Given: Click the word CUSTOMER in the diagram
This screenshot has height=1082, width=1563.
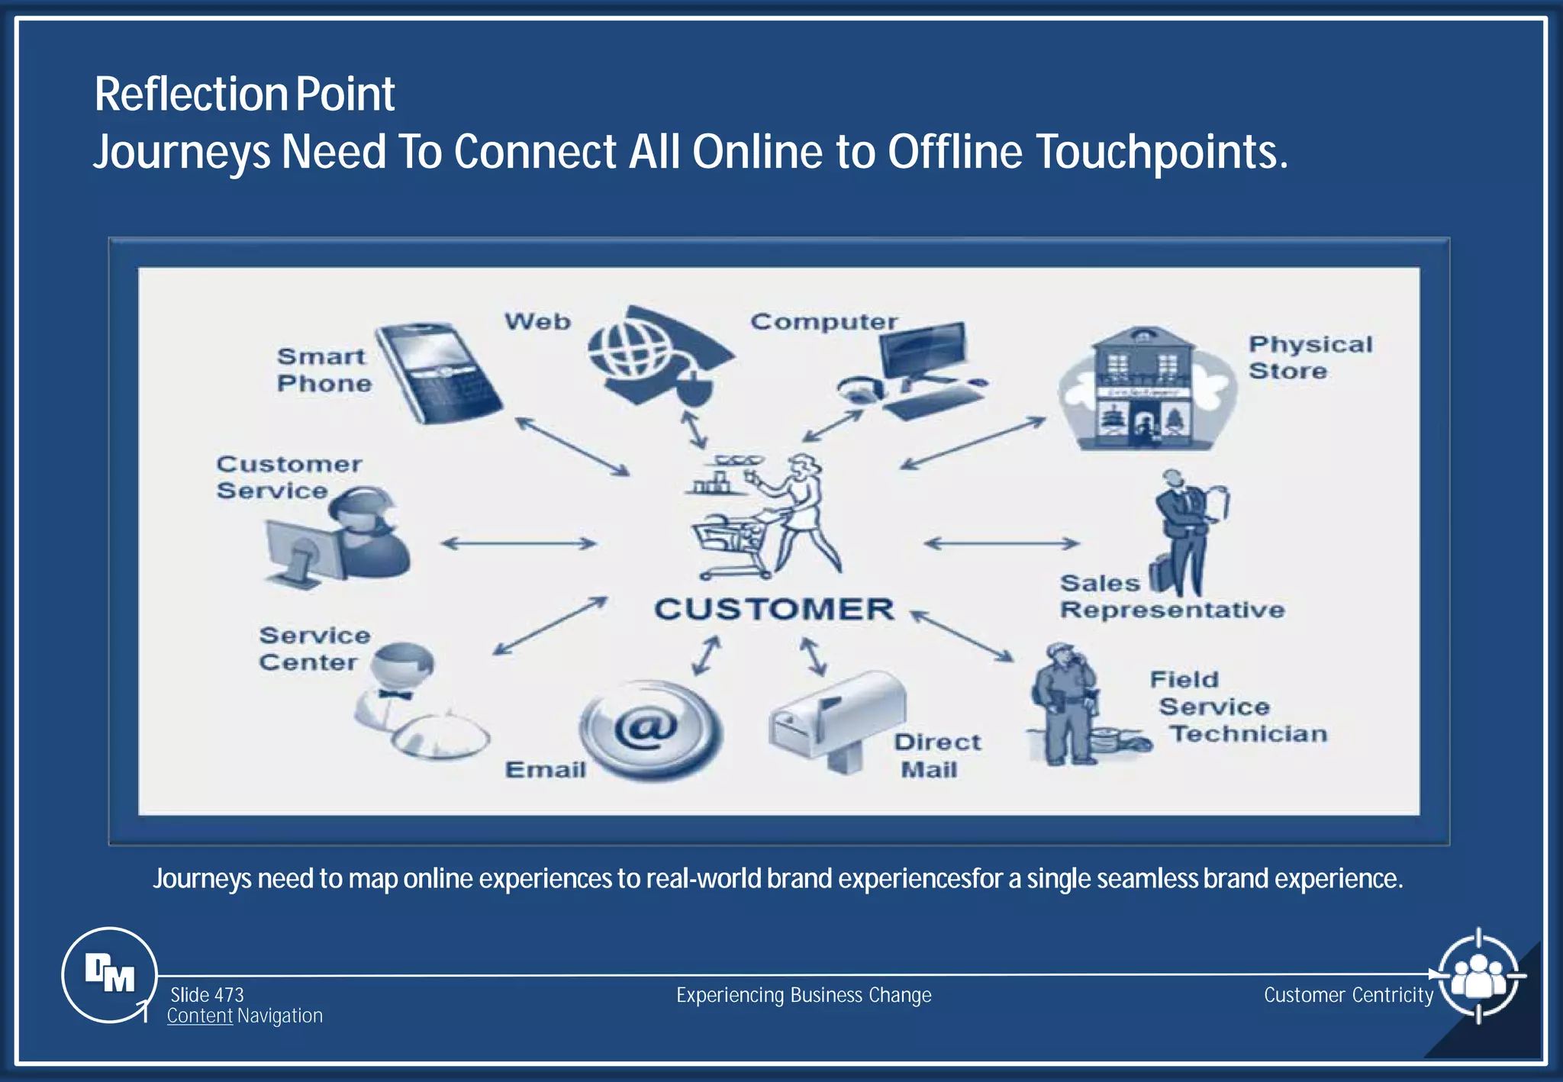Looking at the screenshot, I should [774, 609].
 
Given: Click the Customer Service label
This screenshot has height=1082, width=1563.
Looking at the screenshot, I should [288, 477].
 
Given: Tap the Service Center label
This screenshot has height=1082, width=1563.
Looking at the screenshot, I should [314, 649].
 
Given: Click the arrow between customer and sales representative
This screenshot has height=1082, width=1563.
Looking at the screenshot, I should [1001, 543].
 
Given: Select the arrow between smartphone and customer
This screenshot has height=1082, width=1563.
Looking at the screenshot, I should [572, 446].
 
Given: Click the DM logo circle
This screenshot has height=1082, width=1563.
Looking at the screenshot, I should [109, 974].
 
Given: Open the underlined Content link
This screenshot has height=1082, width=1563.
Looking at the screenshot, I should [199, 1016].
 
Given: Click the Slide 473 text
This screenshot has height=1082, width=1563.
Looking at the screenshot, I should [207, 994].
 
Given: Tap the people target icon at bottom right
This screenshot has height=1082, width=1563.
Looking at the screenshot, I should [1478, 975].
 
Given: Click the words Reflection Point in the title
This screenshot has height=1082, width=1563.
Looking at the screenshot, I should [244, 95].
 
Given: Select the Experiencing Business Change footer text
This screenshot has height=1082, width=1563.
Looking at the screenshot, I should [804, 995].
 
